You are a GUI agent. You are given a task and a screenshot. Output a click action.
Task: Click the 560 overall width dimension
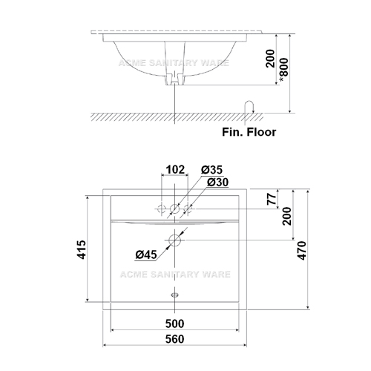pyautogui.click(x=174, y=339)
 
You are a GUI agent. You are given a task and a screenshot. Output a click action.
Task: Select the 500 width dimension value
pyautogui.click(x=174, y=324)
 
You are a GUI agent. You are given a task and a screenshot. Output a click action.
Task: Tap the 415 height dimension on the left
pyautogui.click(x=82, y=249)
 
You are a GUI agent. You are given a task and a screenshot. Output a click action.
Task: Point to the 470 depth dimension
pyautogui.click(x=302, y=251)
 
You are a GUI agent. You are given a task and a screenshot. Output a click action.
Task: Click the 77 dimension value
pyautogui.click(x=272, y=199)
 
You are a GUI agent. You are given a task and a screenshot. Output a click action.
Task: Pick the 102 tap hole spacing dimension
pyautogui.click(x=175, y=170)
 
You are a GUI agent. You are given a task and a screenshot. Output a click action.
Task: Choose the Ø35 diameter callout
pyautogui.click(x=211, y=170)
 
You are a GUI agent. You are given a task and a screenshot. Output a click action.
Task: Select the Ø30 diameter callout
pyautogui.click(x=217, y=183)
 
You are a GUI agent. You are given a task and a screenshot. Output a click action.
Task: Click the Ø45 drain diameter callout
pyautogui.click(x=146, y=255)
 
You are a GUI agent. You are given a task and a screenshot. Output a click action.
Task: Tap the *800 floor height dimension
pyautogui.click(x=284, y=70)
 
